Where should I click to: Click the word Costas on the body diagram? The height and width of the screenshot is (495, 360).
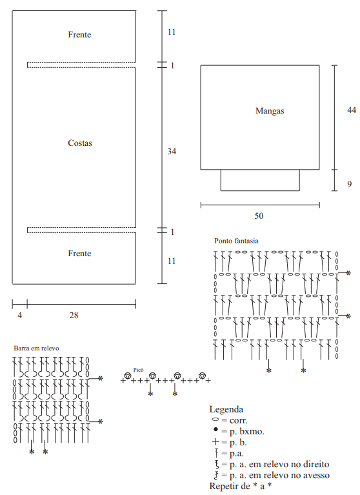[80, 143]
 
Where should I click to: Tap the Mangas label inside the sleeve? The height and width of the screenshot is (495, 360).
[270, 111]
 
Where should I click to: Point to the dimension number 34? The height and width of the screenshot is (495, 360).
[172, 151]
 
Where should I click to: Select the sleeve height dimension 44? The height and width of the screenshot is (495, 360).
[352, 110]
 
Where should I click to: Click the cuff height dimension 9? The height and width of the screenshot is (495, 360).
[349, 184]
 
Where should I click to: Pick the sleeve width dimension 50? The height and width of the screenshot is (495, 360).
[259, 216]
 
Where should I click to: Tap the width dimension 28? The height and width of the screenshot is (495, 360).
[74, 315]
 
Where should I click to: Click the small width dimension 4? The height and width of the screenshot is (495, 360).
[20, 315]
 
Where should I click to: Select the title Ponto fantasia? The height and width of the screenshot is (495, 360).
[236, 241]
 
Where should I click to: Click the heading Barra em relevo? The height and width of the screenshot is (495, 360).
[36, 349]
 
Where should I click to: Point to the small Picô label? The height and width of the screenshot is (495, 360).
[138, 370]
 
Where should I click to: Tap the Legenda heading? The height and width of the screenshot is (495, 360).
[226, 409]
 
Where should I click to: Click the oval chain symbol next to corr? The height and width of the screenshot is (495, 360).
[215, 419]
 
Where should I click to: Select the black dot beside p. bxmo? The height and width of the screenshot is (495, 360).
[216, 429]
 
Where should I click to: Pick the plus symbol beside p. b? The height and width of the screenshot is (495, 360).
[216, 442]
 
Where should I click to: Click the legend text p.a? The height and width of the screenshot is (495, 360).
[236, 454]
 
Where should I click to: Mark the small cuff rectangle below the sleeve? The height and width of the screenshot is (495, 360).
[260, 180]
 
